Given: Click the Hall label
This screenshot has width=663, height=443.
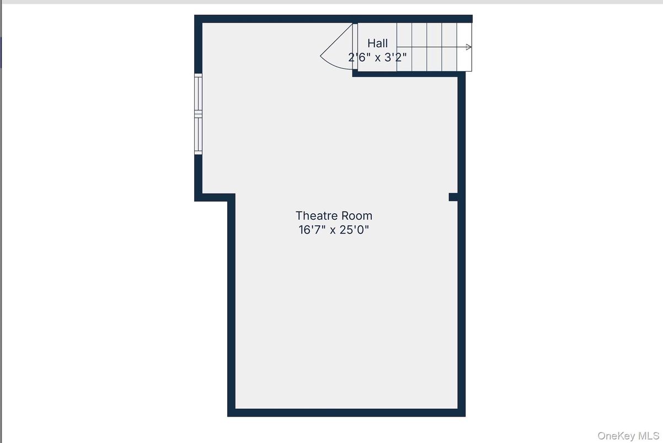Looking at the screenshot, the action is pyautogui.click(x=377, y=44).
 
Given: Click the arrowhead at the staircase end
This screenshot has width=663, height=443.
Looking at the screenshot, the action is pyautogui.click(x=469, y=47).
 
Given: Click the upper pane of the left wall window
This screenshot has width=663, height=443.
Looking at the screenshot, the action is pyautogui.click(x=199, y=94).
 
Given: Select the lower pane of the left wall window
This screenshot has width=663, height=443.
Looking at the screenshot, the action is pyautogui.click(x=199, y=135).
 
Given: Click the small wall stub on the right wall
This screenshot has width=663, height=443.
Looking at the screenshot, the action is pyautogui.click(x=453, y=197).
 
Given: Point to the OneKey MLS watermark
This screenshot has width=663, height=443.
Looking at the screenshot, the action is pyautogui.click(x=628, y=436).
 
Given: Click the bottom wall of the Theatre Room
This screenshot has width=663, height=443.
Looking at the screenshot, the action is pyautogui.click(x=346, y=413).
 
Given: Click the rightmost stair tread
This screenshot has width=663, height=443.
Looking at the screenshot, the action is pyautogui.click(x=464, y=47).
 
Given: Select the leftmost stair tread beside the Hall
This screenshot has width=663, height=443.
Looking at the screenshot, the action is pyautogui.click(x=404, y=47).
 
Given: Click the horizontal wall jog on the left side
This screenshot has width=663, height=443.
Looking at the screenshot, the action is pyautogui.click(x=215, y=198).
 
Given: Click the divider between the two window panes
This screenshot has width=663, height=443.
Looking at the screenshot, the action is pyautogui.click(x=199, y=115).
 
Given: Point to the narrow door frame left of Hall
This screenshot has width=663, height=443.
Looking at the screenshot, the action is pyautogui.click(x=355, y=46).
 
